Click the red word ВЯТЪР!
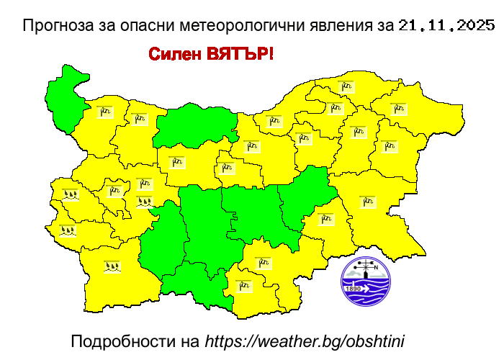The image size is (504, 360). tap(240, 54)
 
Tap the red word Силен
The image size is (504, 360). tap(175, 54)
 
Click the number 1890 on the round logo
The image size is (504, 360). tap(354, 289)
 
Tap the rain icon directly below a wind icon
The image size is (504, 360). tap(145, 202)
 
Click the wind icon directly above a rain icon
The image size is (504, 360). tap(145, 184)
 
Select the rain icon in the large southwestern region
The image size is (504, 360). tap(112, 266)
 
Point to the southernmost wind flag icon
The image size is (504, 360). tap(245, 285)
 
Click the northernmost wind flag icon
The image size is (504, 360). tap(347, 87)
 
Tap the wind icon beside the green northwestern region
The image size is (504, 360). tap(106, 112)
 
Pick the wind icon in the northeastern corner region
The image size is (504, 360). tap(398, 109)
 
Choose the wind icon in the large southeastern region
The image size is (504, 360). tap(368, 202)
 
